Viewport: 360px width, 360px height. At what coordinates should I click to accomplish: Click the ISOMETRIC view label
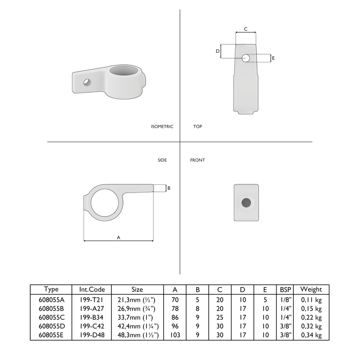[x=162, y=127]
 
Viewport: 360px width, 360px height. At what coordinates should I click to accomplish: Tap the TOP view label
[x=197, y=127]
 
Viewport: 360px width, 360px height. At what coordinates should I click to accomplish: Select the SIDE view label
[x=162, y=160]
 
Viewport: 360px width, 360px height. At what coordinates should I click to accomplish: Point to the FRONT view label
[x=197, y=160]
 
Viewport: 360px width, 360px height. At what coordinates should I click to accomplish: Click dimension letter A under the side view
[x=119, y=237]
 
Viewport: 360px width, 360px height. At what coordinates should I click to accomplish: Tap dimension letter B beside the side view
[x=168, y=188]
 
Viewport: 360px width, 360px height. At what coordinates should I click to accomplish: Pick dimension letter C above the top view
[x=246, y=29]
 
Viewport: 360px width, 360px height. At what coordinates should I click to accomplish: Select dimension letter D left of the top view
[x=217, y=51]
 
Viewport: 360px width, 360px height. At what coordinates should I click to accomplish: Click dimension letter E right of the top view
[x=273, y=58]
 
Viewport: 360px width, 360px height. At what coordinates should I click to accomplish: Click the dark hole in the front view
[x=246, y=203]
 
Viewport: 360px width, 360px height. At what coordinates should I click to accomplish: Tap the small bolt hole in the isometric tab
[x=87, y=82]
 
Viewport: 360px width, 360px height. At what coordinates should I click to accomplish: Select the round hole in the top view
[x=246, y=58]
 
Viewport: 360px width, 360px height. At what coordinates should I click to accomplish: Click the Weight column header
[x=311, y=289]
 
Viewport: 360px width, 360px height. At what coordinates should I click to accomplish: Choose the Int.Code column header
[x=92, y=289]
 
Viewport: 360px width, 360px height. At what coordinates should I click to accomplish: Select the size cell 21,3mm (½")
[x=137, y=299]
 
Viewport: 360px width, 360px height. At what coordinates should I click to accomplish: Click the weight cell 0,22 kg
[x=311, y=317]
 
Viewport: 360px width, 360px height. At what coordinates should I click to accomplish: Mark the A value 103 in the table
[x=175, y=335]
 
